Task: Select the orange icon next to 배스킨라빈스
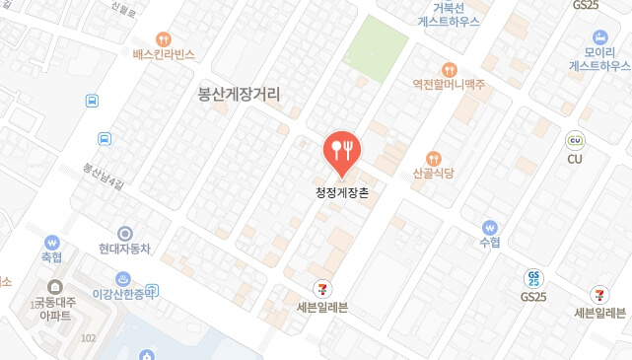tap(177, 38)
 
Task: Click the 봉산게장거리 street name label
tap(240, 96)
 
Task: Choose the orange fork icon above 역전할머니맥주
tap(449, 69)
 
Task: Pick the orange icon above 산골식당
tap(433, 158)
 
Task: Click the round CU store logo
tap(575, 140)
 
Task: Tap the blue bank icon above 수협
tap(489, 226)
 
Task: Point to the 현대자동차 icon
tap(124, 233)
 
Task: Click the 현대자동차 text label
tap(124, 250)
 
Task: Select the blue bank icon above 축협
tap(52, 241)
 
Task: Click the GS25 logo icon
tap(533, 278)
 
